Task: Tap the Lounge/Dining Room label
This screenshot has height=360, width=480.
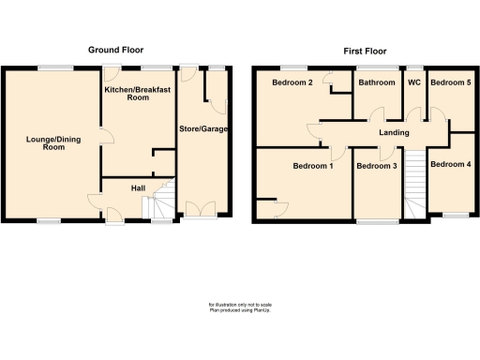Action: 51,143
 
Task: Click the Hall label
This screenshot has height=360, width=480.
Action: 138,188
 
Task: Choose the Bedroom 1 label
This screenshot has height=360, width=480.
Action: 312,166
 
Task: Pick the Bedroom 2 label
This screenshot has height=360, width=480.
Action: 292,82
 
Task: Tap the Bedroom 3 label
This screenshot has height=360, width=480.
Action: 377,166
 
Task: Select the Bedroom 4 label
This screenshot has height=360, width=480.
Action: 450,165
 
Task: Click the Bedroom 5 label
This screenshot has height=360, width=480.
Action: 450,82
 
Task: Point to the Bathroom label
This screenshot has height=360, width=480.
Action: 376,82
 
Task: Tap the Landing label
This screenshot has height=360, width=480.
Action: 394,132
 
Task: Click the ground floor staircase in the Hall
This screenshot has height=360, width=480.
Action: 164,200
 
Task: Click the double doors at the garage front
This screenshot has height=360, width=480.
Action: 201,210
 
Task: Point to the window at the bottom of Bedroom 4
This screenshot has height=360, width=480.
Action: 456,216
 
